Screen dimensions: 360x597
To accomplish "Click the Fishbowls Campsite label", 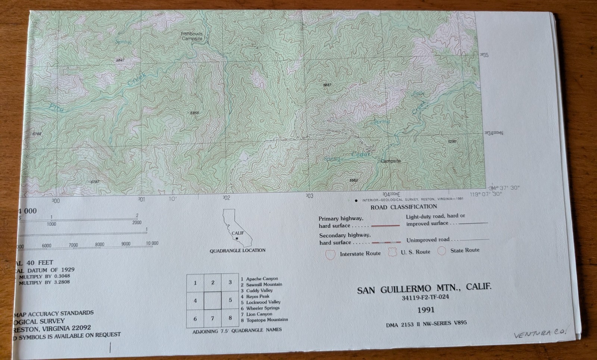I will pos(192,36).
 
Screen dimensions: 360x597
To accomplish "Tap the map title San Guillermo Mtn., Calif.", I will pos(424,289).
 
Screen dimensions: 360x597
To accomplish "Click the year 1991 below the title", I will pos(426,310).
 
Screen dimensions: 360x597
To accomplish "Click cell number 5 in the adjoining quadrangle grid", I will pos(230,300).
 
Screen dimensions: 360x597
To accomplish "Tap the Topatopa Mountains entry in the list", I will pos(267,320).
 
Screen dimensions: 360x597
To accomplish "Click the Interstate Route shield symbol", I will pos(330,254).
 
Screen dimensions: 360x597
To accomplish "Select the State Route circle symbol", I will pos(441,251).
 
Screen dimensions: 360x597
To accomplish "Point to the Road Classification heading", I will pos(403,207).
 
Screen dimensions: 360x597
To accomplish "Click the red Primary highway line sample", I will pos(385,226).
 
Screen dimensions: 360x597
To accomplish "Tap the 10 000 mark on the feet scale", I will pos(152,243).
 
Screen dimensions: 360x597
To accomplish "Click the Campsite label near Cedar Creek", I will pos(390,161).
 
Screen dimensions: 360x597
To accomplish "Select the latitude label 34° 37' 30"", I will pos(504,188).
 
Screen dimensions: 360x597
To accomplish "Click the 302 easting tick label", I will pos(226,198).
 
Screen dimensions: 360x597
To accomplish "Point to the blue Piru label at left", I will pos(56,108).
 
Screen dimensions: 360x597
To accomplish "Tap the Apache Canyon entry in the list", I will pos(262,279).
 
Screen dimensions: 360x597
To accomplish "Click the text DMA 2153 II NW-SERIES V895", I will pos(426,324).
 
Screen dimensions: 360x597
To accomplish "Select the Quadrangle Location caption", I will pos(237,250).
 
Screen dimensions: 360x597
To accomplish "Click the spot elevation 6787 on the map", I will pos(95,182).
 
